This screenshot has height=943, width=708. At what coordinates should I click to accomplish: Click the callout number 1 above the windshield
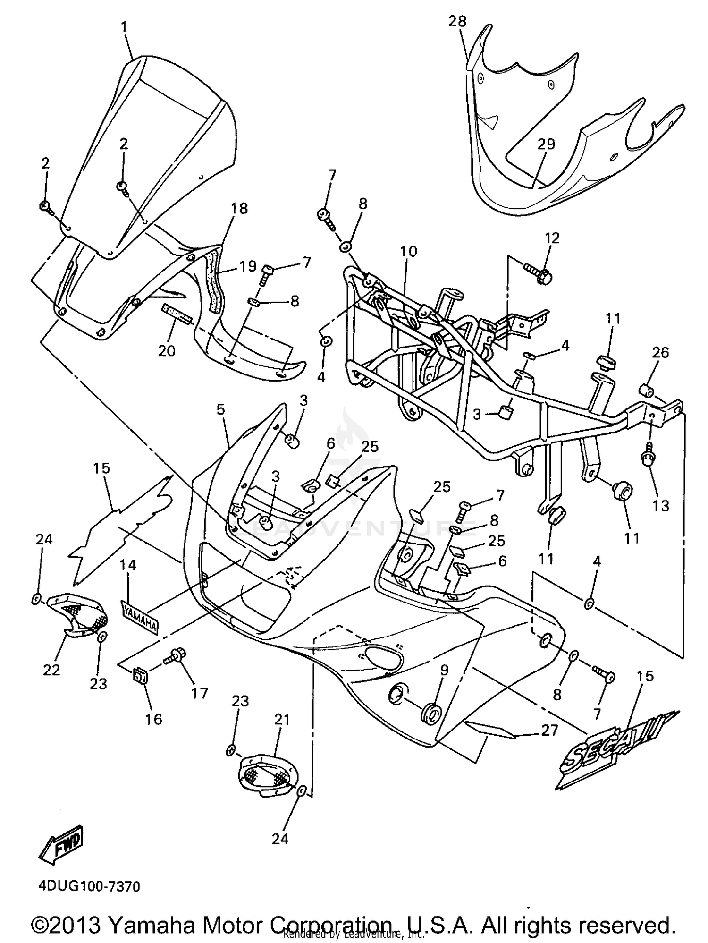click(x=124, y=27)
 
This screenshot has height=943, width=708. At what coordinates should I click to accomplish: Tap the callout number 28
click(x=457, y=21)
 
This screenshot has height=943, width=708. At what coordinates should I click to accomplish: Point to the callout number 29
click(x=546, y=144)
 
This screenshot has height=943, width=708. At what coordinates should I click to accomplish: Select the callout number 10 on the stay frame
click(x=409, y=252)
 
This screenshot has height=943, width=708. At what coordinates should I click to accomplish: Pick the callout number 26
click(x=660, y=352)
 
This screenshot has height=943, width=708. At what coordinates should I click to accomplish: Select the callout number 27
click(x=549, y=731)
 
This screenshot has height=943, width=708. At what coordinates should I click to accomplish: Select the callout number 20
click(x=167, y=350)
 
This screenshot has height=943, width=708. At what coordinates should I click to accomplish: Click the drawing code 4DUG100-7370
click(x=89, y=886)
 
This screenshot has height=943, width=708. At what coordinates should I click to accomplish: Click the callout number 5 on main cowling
click(x=220, y=409)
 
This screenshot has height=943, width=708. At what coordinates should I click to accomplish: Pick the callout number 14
click(x=127, y=565)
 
